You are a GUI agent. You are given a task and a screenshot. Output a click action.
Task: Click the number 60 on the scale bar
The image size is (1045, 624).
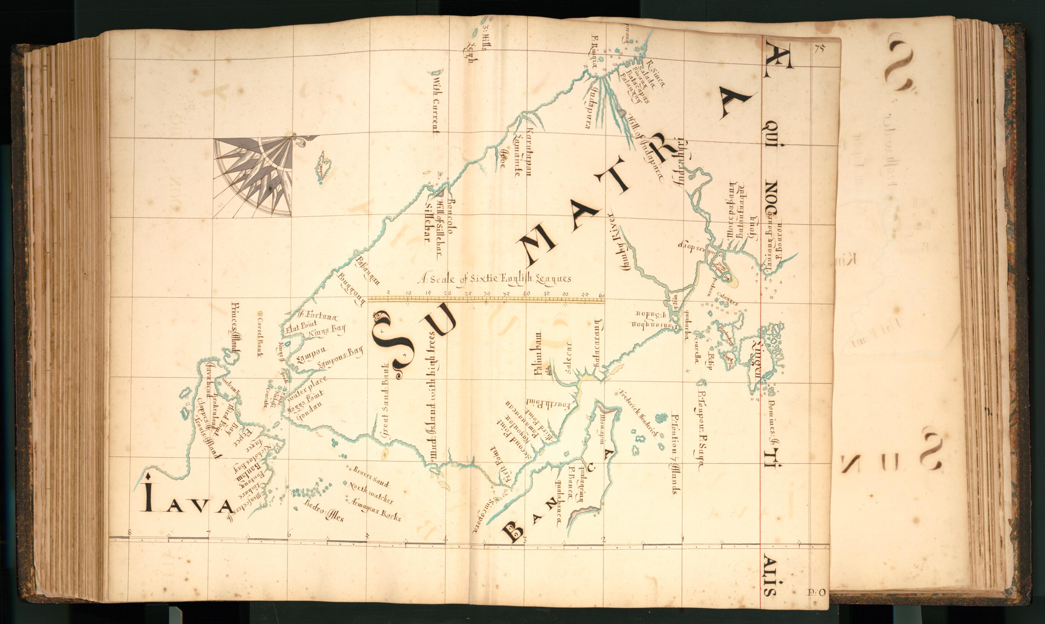602,295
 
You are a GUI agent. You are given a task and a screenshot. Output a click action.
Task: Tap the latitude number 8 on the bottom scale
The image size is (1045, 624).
129,532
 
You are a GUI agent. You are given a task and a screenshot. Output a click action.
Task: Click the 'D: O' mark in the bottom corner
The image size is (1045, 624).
817,592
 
